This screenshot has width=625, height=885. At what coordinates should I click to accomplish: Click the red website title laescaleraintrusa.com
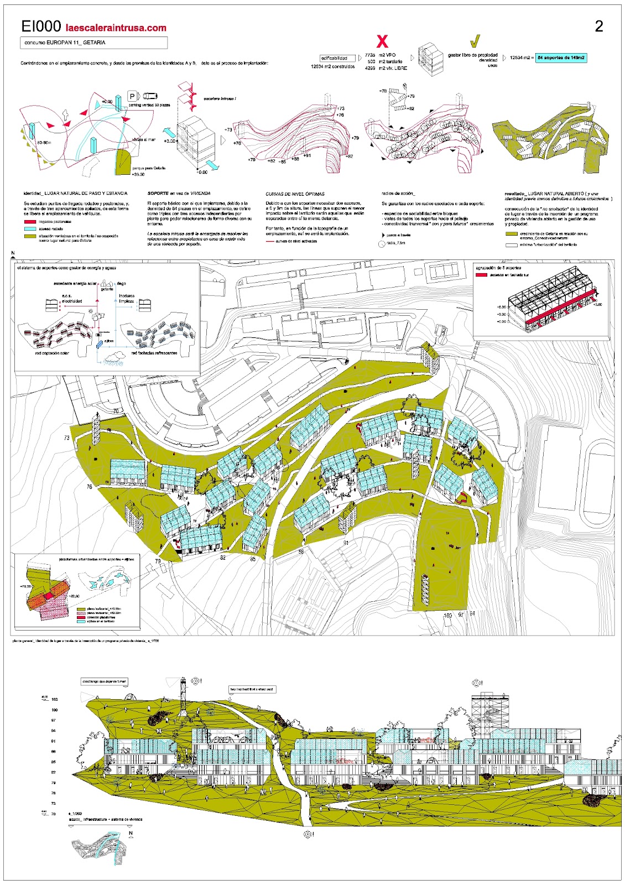(x=116, y=28)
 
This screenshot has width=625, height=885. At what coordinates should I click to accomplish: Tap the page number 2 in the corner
(x=599, y=26)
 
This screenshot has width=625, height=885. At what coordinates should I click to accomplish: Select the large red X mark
(x=382, y=41)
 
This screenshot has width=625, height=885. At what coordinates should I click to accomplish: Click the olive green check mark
(x=475, y=41)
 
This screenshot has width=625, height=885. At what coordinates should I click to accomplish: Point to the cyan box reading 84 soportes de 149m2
(x=561, y=58)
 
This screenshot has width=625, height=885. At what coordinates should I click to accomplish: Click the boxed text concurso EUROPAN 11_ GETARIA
(x=94, y=43)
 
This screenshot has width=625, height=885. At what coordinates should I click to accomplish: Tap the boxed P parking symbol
(x=132, y=96)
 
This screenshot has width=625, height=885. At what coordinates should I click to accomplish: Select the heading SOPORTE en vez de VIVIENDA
(x=175, y=194)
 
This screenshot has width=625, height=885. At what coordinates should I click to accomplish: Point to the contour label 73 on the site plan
(x=67, y=438)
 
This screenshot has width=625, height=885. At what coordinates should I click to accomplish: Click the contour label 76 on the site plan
(x=90, y=487)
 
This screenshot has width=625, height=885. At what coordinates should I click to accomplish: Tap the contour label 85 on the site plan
(x=253, y=559)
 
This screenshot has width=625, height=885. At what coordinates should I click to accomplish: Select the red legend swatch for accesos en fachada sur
(x=481, y=274)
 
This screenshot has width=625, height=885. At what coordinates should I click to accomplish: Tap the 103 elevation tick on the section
(x=54, y=700)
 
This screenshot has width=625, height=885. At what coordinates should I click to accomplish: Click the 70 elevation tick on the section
(x=54, y=814)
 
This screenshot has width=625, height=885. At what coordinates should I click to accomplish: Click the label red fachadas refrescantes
(x=154, y=353)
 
